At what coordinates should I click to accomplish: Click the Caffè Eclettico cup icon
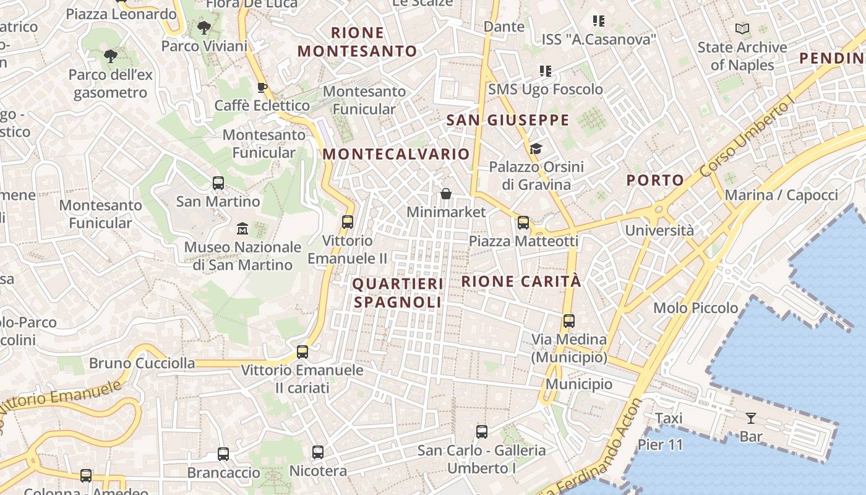click(x=262, y=87)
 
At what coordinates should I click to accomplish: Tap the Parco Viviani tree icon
click(x=204, y=28)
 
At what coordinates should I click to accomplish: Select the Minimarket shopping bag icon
click(x=445, y=194)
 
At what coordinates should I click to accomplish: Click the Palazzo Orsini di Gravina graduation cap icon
click(x=536, y=148)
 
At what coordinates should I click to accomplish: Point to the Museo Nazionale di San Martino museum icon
click(x=242, y=229)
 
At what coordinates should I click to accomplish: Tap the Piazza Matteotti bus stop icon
click(x=523, y=223)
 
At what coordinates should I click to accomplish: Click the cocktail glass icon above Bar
click(x=751, y=418)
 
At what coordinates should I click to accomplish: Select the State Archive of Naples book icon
click(x=742, y=28)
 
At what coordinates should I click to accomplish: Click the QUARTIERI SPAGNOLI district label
click(x=398, y=293)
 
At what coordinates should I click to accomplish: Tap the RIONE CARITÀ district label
click(x=521, y=282)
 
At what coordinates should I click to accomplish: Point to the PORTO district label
click(x=655, y=181)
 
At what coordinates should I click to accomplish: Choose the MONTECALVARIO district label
click(x=397, y=154)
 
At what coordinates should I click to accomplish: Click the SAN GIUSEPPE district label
click(x=508, y=120)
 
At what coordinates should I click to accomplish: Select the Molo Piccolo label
click(x=695, y=308)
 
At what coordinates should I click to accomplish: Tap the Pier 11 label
click(x=660, y=445)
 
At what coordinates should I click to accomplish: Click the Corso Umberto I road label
click(x=747, y=137)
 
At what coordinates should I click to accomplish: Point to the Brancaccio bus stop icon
click(x=223, y=454)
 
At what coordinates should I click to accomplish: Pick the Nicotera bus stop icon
click(x=318, y=452)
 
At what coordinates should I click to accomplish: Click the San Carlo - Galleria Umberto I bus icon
click(x=482, y=432)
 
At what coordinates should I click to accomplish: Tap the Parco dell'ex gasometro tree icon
click(x=111, y=56)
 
